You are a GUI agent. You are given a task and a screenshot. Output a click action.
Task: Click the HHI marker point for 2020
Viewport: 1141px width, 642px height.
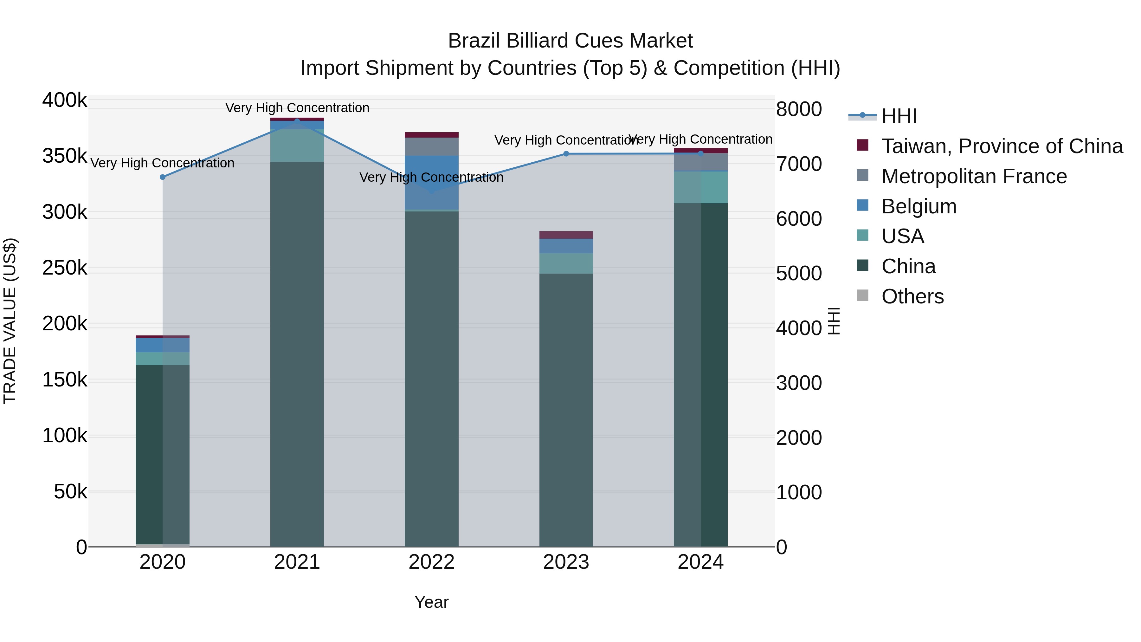163,177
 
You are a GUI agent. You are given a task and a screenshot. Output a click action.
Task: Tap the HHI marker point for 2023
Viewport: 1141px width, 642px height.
566,154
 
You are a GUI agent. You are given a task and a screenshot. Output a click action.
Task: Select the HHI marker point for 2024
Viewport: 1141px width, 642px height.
700,154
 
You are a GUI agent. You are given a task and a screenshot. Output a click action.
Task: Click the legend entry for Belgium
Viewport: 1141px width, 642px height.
919,206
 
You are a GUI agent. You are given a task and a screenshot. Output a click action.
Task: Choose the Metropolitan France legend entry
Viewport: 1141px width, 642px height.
974,176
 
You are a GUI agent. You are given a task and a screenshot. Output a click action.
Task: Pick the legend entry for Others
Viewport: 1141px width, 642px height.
912,296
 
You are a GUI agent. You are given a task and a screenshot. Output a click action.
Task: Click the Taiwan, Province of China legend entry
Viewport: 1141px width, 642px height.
1002,146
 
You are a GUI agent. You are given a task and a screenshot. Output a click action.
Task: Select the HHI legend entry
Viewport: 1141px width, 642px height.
899,116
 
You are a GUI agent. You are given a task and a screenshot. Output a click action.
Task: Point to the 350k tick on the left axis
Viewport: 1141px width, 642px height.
65,156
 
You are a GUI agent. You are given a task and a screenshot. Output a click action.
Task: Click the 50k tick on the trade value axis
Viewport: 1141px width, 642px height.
70,492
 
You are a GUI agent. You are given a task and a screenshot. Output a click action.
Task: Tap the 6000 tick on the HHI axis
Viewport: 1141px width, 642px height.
799,219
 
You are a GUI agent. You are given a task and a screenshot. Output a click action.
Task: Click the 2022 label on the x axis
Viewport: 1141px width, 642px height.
431,562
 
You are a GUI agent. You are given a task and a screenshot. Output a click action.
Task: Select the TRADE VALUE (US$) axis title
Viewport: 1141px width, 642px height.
10,321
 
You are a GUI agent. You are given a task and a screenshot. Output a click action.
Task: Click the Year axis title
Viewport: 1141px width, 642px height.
431,602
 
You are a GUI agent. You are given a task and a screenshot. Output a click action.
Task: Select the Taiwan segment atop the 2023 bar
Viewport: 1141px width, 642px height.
566,235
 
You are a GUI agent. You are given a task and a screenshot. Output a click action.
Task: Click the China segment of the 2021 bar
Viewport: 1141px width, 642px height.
297,354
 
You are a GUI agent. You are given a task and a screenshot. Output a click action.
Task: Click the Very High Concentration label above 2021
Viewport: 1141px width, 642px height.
297,108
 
